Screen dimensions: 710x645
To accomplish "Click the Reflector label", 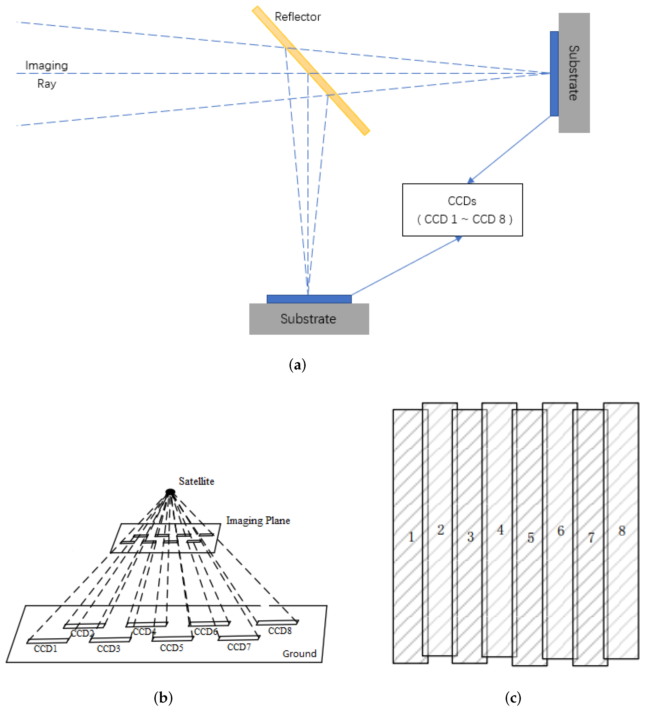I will click(297, 17).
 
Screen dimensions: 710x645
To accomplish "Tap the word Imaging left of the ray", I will click(46, 65).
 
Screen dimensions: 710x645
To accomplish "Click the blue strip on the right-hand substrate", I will click(554, 74).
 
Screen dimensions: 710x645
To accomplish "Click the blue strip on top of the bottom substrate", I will click(309, 299).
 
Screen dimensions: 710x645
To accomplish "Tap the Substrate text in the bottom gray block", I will click(308, 319).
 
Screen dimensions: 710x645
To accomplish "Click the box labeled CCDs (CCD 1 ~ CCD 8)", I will click(462, 210).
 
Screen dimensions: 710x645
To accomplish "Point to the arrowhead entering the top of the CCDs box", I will click(471, 181).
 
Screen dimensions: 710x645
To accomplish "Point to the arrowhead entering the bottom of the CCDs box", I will click(459, 239).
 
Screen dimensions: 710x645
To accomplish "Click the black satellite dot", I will click(170, 492).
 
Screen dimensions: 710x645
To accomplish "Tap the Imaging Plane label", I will click(258, 521).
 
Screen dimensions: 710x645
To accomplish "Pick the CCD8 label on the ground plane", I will click(280, 631).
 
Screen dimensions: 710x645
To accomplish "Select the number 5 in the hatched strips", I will click(530, 537).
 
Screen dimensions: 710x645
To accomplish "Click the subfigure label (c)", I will click(513, 698).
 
